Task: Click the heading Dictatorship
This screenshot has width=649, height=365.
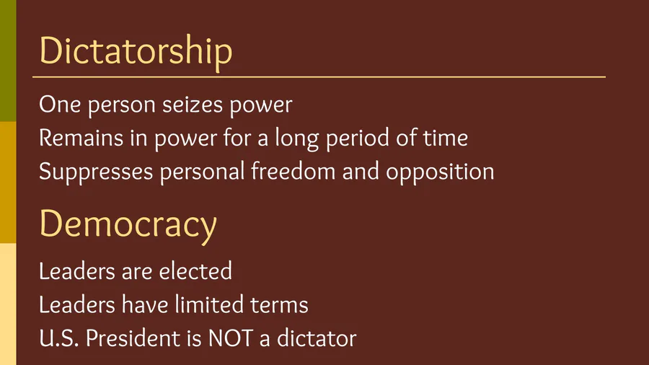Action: click(136, 51)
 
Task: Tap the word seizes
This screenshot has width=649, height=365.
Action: click(193, 105)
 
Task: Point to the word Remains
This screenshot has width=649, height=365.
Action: click(81, 138)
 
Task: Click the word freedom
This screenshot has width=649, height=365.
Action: click(293, 172)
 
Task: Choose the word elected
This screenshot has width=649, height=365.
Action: click(195, 271)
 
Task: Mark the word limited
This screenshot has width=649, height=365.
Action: click(209, 304)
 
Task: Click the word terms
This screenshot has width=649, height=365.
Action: click(279, 305)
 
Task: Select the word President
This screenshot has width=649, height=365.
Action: click(133, 338)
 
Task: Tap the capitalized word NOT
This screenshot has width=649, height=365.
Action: click(231, 338)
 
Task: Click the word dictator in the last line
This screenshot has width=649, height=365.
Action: click(317, 338)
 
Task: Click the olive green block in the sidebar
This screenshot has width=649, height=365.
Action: click(8, 61)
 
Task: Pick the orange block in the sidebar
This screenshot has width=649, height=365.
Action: click(8, 182)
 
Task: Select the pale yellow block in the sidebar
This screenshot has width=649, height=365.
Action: click(8, 304)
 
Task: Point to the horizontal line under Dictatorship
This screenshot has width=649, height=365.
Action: click(319, 77)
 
